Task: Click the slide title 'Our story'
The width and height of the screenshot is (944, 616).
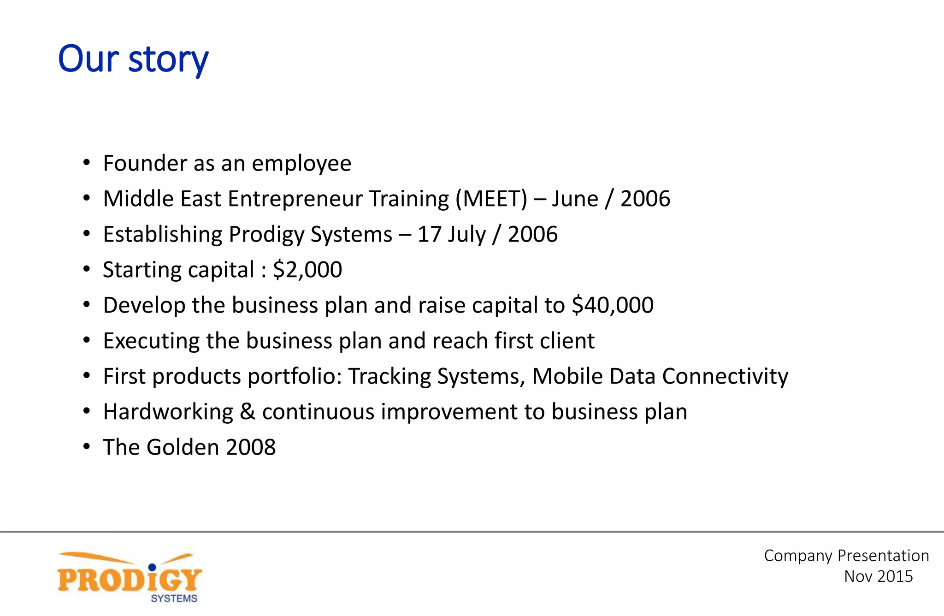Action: (x=133, y=59)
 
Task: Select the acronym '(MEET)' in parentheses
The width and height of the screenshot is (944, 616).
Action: (x=491, y=199)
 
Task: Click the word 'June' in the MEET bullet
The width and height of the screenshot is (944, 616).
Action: (x=575, y=199)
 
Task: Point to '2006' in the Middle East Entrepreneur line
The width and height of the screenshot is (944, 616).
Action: (x=645, y=199)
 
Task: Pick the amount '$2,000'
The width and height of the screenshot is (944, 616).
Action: (x=307, y=270)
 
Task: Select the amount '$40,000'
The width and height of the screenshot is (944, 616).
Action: (x=613, y=305)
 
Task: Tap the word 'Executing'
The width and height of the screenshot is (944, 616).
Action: (x=151, y=341)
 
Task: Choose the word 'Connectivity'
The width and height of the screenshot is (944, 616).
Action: (x=725, y=377)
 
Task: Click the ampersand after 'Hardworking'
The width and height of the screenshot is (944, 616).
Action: (x=248, y=412)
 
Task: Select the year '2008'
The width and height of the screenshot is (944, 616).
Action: (x=251, y=447)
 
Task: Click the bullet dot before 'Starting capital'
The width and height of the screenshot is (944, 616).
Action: (x=87, y=269)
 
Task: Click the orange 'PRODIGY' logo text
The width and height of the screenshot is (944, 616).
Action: (x=129, y=579)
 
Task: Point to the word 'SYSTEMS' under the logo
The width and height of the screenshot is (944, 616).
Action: (x=174, y=598)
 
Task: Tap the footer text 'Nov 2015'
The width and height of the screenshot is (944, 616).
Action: (x=878, y=576)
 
